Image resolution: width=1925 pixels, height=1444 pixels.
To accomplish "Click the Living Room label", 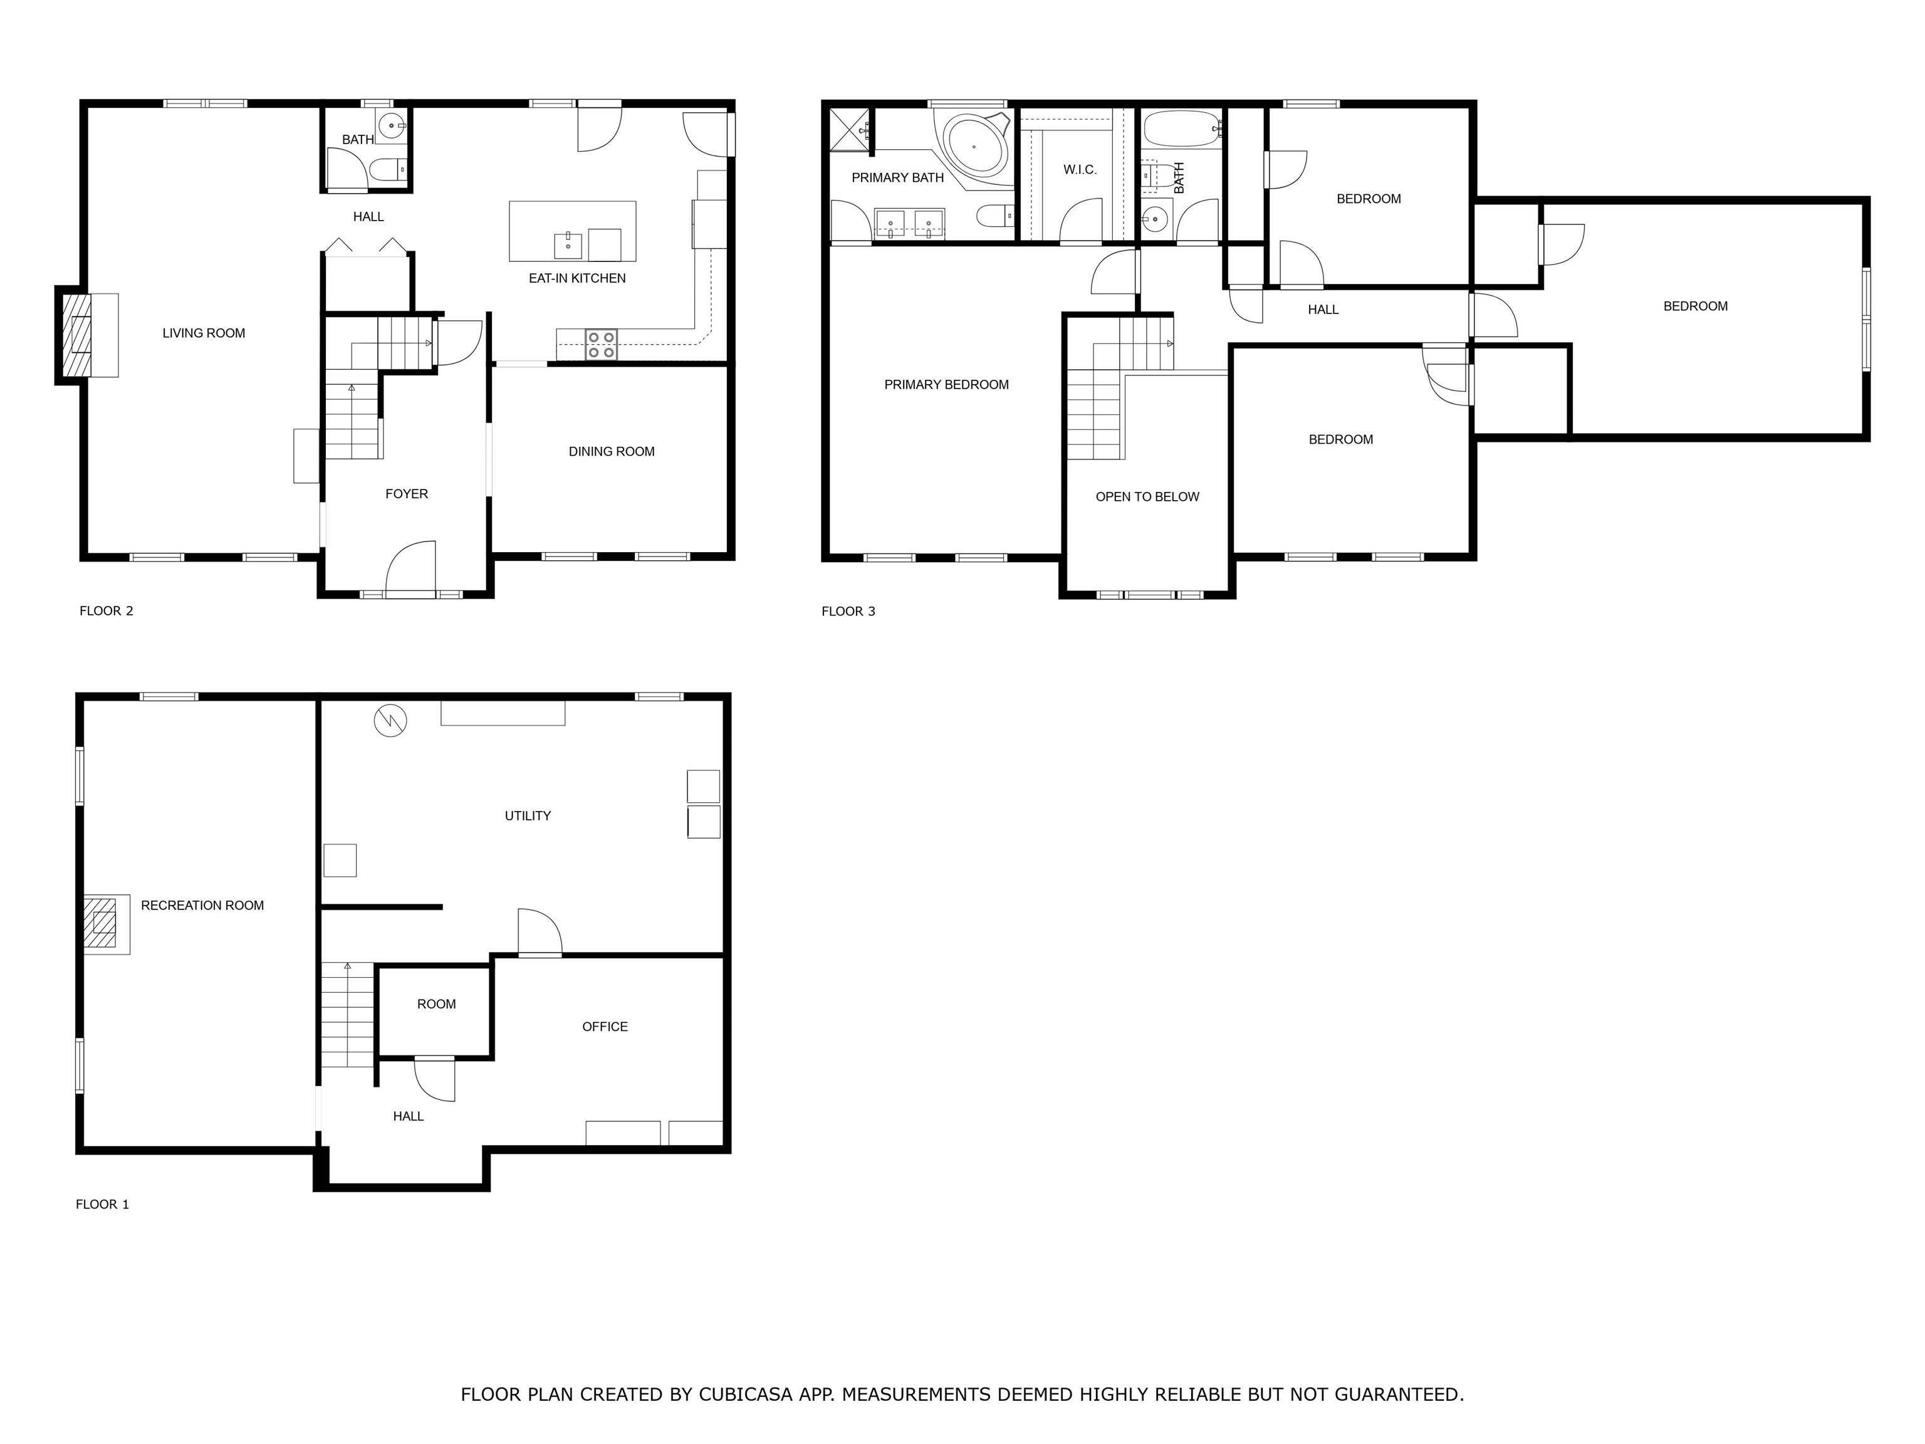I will click(x=204, y=333).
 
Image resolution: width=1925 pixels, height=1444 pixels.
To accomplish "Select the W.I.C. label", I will click(x=1080, y=170).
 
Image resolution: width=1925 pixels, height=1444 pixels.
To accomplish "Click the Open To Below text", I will click(x=1147, y=497).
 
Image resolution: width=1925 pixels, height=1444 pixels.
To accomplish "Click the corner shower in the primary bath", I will click(x=848, y=130).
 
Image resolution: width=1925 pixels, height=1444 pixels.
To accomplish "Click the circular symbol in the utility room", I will click(x=390, y=721).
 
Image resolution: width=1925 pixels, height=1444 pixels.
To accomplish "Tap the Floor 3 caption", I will click(x=848, y=612).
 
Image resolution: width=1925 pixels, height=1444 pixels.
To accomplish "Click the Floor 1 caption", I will click(x=102, y=1205).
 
